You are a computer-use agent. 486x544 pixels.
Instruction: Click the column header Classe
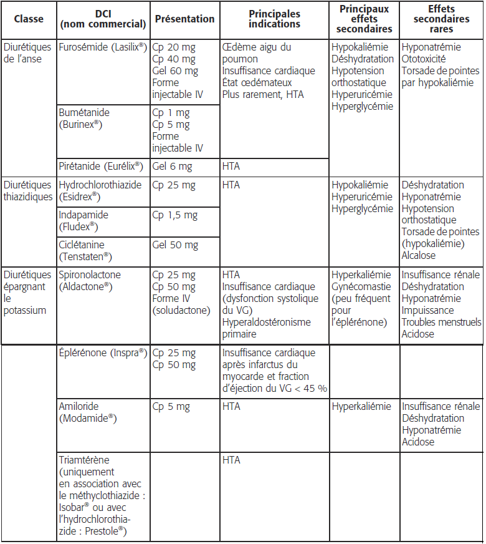29,19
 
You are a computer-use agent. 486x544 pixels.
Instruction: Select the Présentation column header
184,19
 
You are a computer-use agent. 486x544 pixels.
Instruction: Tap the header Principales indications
274,19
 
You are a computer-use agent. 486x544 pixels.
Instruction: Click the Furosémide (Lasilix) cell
103,47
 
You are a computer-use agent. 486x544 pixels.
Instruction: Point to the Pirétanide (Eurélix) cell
101,167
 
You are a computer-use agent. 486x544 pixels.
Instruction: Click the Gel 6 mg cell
172,167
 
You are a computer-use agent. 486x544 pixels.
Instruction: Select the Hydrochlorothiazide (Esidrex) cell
100,191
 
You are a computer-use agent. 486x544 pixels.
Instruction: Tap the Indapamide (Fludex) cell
83,221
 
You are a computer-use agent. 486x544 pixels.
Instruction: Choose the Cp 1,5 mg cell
175,215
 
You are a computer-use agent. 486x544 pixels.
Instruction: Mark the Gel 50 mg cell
175,245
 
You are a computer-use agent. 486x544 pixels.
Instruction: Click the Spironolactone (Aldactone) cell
91,281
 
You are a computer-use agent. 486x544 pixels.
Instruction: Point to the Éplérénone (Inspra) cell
102,353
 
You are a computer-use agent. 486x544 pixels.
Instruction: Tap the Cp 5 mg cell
171,407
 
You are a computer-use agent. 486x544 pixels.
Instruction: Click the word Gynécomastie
361,287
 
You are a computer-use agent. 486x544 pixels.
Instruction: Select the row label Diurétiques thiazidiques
28,191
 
